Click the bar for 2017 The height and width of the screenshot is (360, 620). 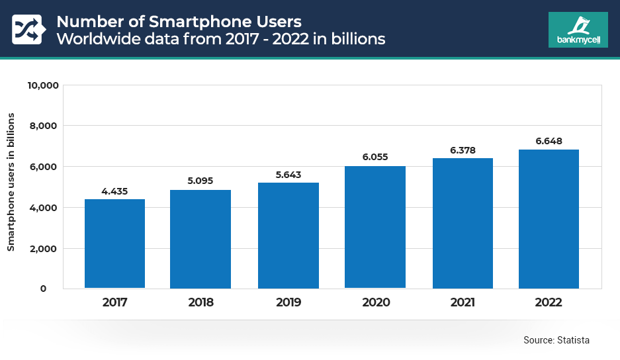click(x=114, y=244)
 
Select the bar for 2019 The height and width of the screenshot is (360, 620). click(x=288, y=235)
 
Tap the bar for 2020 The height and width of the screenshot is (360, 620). click(x=375, y=227)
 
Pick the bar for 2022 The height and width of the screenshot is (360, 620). click(x=549, y=218)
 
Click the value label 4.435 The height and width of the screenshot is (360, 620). click(x=114, y=192)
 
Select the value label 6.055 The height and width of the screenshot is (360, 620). click(x=375, y=157)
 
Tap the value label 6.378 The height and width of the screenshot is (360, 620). click(x=463, y=150)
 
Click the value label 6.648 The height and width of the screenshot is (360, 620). click(x=549, y=141)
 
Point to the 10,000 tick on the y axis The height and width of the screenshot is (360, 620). click(x=42, y=85)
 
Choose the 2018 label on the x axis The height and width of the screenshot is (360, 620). click(x=200, y=303)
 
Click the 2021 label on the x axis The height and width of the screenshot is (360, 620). click(x=463, y=303)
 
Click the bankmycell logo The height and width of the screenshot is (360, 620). click(x=578, y=29)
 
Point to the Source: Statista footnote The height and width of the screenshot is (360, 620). click(x=556, y=340)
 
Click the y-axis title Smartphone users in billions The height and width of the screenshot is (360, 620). click(x=11, y=182)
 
